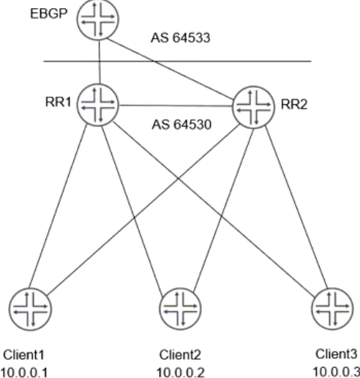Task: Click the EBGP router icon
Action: [x=98, y=19]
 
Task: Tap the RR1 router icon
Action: [x=98, y=105]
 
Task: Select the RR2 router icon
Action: [x=254, y=107]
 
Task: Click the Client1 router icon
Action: [x=30, y=309]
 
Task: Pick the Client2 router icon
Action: [x=180, y=308]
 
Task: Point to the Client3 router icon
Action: [x=332, y=308]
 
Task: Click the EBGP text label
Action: [x=48, y=14]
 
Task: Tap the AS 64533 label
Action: [x=181, y=38]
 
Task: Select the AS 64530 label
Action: [x=181, y=125]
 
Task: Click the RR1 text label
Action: [x=59, y=102]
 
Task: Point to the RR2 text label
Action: [x=294, y=105]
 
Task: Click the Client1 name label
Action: [x=23, y=355]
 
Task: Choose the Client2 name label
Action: [x=180, y=355]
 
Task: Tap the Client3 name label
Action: [x=336, y=354]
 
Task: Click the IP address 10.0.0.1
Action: [x=24, y=373]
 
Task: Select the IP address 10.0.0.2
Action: [x=181, y=373]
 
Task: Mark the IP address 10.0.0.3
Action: [x=337, y=372]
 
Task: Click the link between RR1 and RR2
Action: [x=176, y=105]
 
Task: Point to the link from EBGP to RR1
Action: [x=100, y=62]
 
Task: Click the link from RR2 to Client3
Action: [x=296, y=207]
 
